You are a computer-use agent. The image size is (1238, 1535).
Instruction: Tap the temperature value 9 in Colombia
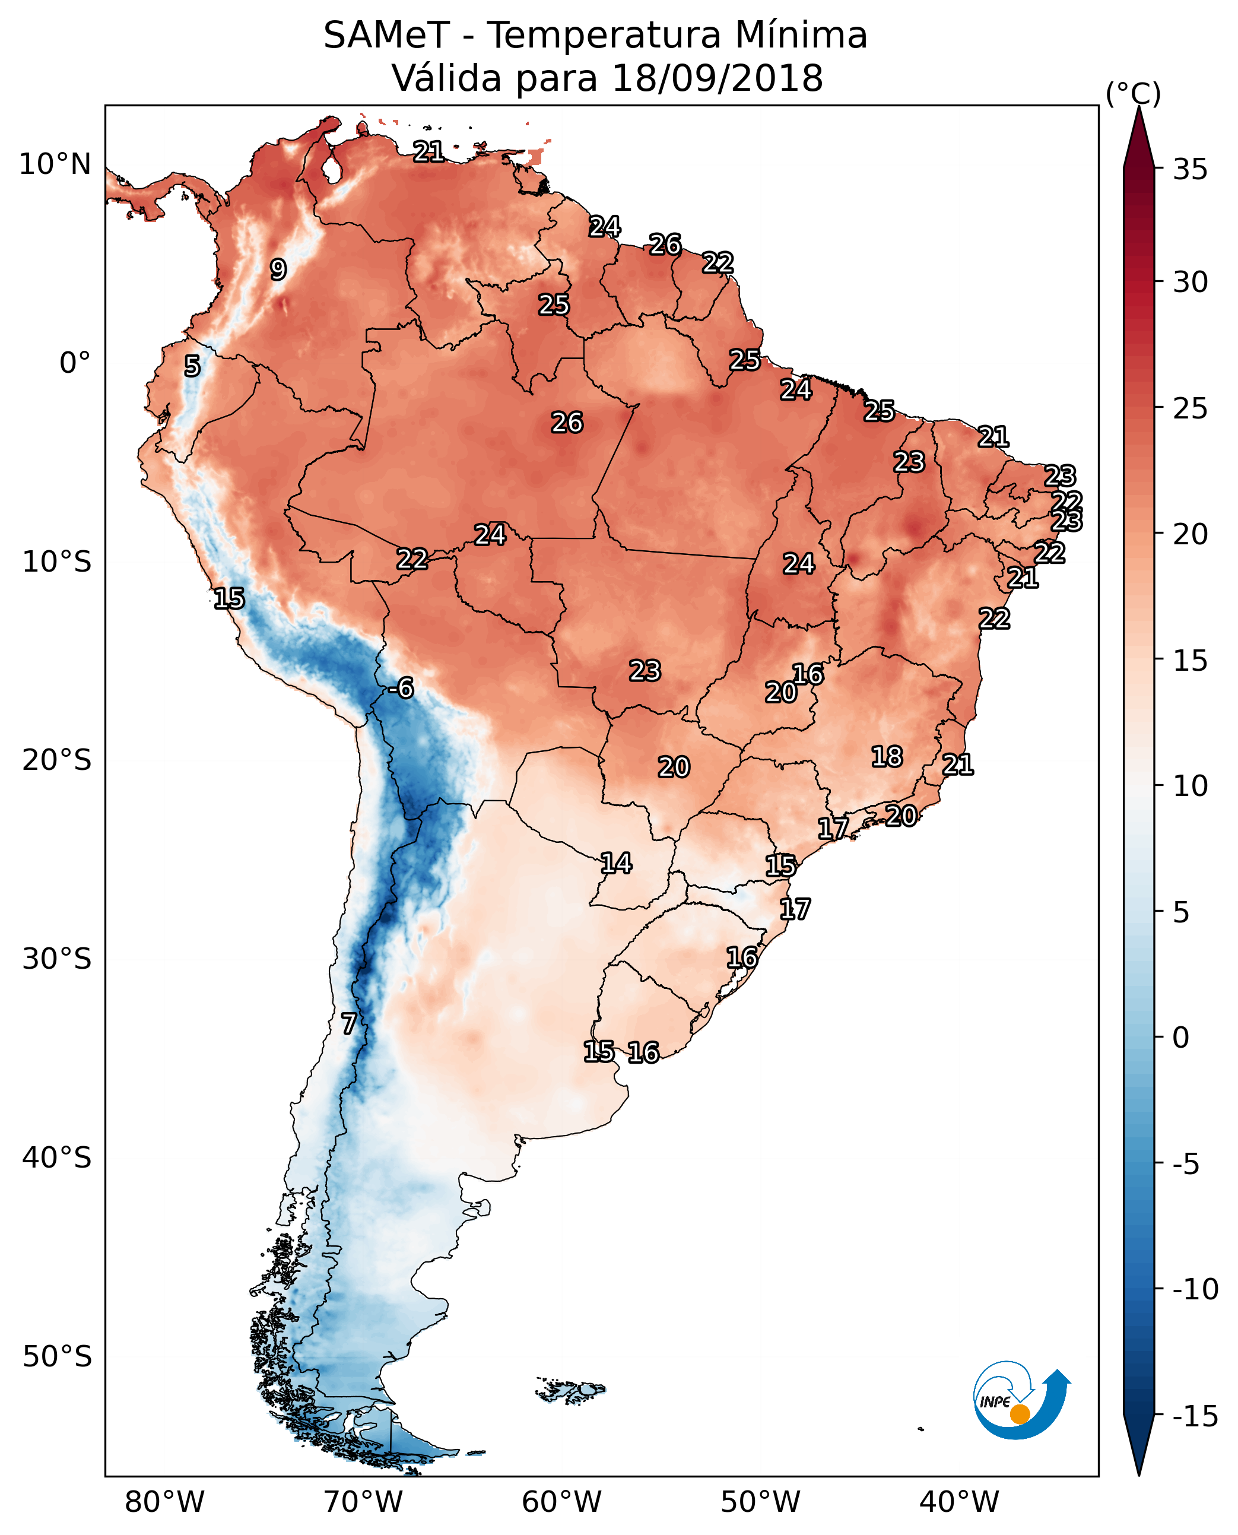[x=278, y=269]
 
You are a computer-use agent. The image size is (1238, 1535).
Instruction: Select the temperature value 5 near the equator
[x=192, y=366]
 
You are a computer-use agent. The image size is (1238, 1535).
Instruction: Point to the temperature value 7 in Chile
[x=348, y=1023]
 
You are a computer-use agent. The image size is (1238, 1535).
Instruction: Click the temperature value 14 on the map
[x=616, y=863]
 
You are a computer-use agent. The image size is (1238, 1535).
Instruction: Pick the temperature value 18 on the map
[x=887, y=756]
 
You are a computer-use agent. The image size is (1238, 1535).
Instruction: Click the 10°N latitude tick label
[x=55, y=165]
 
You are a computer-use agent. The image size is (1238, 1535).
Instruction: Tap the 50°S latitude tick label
[x=57, y=1357]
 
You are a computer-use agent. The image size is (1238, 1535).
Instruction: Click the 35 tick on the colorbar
[x=1190, y=170]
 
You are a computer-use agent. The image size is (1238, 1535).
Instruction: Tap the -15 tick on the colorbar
[x=1195, y=1416]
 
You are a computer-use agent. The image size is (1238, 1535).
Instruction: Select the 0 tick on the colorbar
[x=1181, y=1038]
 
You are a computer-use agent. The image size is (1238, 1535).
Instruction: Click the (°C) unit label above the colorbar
[x=1133, y=93]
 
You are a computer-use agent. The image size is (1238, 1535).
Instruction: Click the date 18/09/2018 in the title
[x=718, y=78]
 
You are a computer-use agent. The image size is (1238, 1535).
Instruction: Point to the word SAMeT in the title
[x=386, y=35]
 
